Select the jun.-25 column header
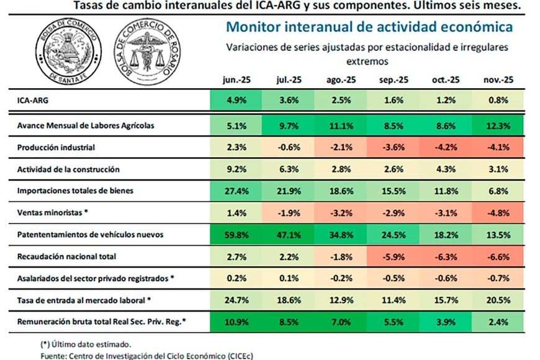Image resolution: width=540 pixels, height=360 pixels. click(236, 80)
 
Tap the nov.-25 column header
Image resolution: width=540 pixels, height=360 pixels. click(497, 80)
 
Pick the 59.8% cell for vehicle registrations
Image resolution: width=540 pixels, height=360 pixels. click(236, 235)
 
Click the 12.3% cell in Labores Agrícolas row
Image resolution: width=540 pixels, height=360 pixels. click(497, 125)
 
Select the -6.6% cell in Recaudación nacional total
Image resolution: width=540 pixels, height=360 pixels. click(497, 256)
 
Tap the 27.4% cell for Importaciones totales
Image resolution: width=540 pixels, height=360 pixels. click(236, 191)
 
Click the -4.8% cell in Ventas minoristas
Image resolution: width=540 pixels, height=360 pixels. click(497, 213)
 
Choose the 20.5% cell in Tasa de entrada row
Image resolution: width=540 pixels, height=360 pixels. click(497, 300)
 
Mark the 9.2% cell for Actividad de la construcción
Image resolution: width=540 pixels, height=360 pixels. click(236, 169)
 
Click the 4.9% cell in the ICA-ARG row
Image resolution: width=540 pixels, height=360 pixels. click(236, 100)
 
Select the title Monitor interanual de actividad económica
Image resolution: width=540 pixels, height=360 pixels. click(369, 27)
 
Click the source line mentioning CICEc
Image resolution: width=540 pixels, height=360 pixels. click(143, 356)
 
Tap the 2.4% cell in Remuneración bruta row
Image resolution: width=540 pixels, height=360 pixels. click(497, 322)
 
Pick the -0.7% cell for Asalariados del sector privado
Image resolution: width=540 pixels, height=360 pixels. click(497, 278)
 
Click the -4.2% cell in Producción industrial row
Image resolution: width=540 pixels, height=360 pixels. click(445, 147)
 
